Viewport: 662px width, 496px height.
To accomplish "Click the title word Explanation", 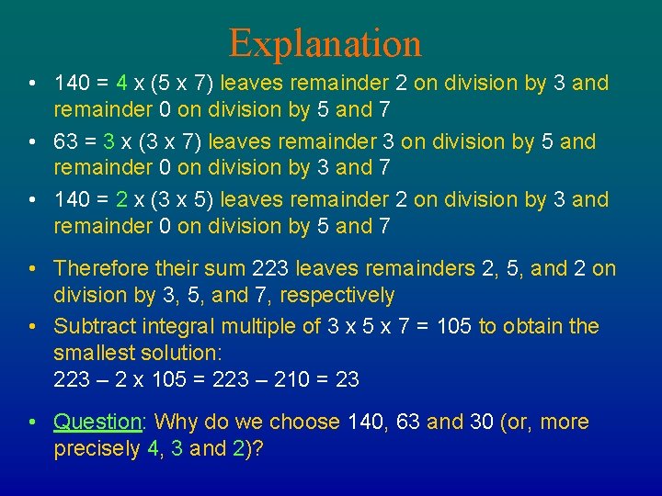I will click(x=325, y=43).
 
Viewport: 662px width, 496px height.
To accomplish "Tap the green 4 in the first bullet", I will click(x=121, y=84).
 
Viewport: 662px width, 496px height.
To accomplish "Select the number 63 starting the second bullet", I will click(x=66, y=142).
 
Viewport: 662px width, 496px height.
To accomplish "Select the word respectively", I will click(x=337, y=296).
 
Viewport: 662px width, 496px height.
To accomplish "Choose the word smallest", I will click(x=91, y=353).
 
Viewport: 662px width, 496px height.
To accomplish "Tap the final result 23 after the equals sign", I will click(x=347, y=379).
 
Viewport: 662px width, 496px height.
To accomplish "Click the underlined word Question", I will click(x=97, y=423).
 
